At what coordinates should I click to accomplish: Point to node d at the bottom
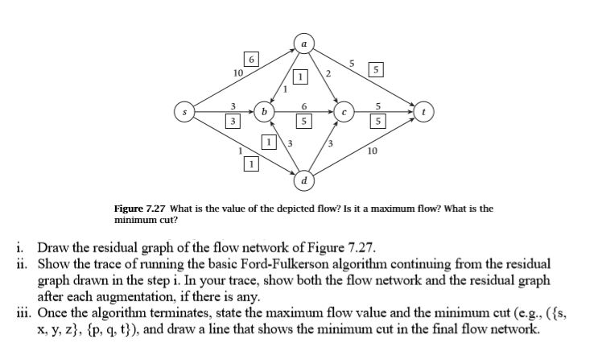pos(303,179)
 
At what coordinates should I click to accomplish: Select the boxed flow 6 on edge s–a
pos(252,60)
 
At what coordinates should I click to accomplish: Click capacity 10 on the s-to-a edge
pos(238,73)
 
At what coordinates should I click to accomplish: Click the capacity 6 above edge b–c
pos(303,106)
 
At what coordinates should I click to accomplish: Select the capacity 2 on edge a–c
pos(328,73)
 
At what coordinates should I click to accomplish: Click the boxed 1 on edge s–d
pos(251,163)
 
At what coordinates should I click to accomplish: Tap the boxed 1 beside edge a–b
pos(299,78)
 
